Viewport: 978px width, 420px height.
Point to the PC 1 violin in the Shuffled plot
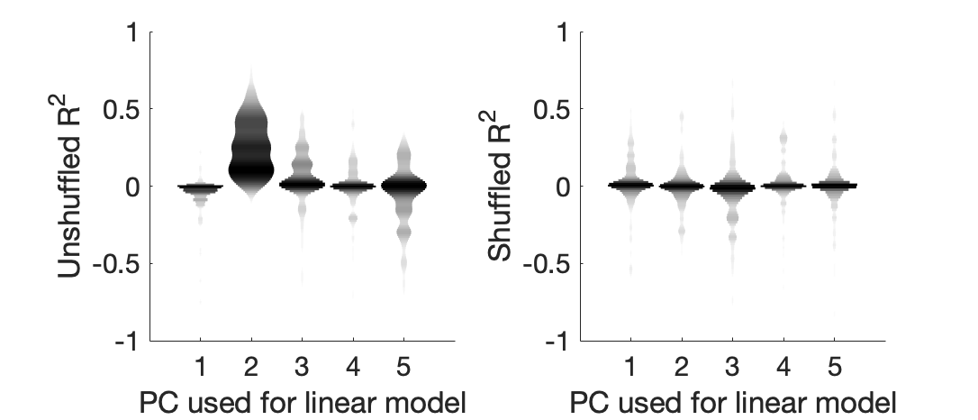(630, 184)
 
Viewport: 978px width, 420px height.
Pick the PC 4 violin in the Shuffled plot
(783, 185)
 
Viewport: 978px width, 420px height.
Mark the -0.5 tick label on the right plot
(544, 264)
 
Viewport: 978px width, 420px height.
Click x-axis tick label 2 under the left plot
(251, 366)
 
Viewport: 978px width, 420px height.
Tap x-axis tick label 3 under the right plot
(732, 366)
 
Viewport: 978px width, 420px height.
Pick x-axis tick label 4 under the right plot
(783, 366)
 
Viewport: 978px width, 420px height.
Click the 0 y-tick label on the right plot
(562, 187)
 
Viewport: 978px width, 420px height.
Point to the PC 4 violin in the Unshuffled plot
(353, 186)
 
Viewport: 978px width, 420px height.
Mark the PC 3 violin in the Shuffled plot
(732, 187)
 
